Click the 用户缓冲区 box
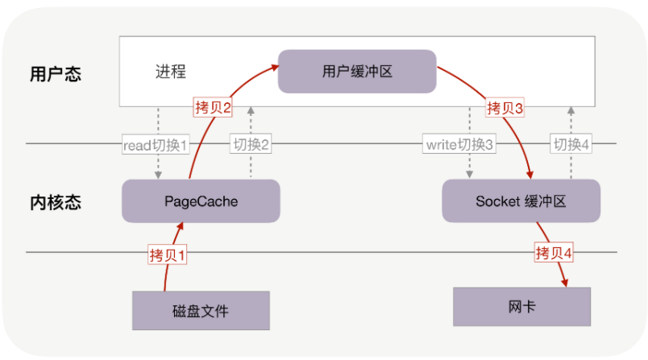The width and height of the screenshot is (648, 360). (x=356, y=72)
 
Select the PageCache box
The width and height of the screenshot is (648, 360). (x=201, y=201)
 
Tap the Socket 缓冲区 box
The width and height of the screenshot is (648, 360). (x=522, y=201)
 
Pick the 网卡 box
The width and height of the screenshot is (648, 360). (x=522, y=307)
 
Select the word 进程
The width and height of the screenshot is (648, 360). (x=170, y=72)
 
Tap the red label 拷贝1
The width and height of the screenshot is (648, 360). (x=168, y=255)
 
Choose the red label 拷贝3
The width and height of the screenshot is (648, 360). (x=505, y=107)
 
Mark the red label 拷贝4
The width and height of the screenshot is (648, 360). (x=555, y=254)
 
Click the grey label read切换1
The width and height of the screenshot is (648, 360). (x=156, y=145)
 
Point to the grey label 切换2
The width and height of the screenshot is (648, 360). (x=251, y=145)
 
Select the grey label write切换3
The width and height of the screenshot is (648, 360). (x=459, y=145)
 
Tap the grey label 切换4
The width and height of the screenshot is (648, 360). (x=571, y=145)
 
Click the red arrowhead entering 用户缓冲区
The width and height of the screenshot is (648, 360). (x=274, y=62)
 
